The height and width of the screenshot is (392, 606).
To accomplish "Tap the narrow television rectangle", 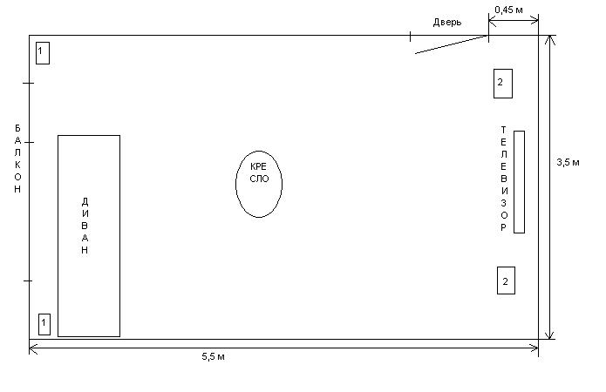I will click(x=519, y=182).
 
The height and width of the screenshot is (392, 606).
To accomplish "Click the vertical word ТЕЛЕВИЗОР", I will click(x=503, y=179).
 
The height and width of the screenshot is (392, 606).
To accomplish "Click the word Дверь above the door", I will click(x=446, y=22).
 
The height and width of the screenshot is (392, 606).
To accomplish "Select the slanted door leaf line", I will click(x=450, y=44).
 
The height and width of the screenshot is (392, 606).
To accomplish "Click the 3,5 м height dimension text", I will click(x=567, y=162).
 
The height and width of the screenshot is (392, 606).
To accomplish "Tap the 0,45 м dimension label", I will click(x=508, y=10).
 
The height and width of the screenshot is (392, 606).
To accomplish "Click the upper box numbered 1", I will click(x=43, y=52).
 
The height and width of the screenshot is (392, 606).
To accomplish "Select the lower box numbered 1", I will click(x=44, y=324).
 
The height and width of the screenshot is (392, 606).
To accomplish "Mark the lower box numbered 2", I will click(x=506, y=280).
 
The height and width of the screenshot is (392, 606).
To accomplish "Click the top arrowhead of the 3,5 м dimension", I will click(x=550, y=39).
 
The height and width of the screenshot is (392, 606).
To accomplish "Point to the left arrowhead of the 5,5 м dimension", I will click(x=33, y=348).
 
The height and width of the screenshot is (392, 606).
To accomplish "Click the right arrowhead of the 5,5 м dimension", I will click(x=535, y=348).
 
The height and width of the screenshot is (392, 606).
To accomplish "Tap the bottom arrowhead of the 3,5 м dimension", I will click(x=550, y=335).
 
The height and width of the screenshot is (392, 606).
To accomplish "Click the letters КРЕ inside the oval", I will click(x=258, y=166).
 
